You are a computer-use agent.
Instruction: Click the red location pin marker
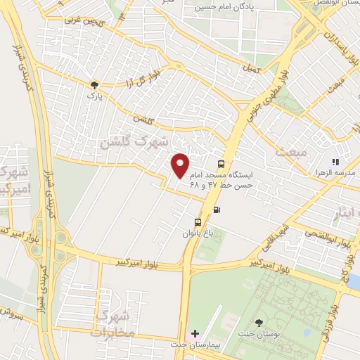pos(181,165)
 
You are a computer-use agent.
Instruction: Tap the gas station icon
pos(216,209)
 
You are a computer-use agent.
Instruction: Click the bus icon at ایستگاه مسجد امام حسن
pos(221,164)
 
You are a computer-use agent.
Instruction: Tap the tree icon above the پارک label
pos(94,85)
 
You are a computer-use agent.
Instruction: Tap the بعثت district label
pos(292,150)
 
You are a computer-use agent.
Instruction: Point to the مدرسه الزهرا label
pos(334,173)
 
